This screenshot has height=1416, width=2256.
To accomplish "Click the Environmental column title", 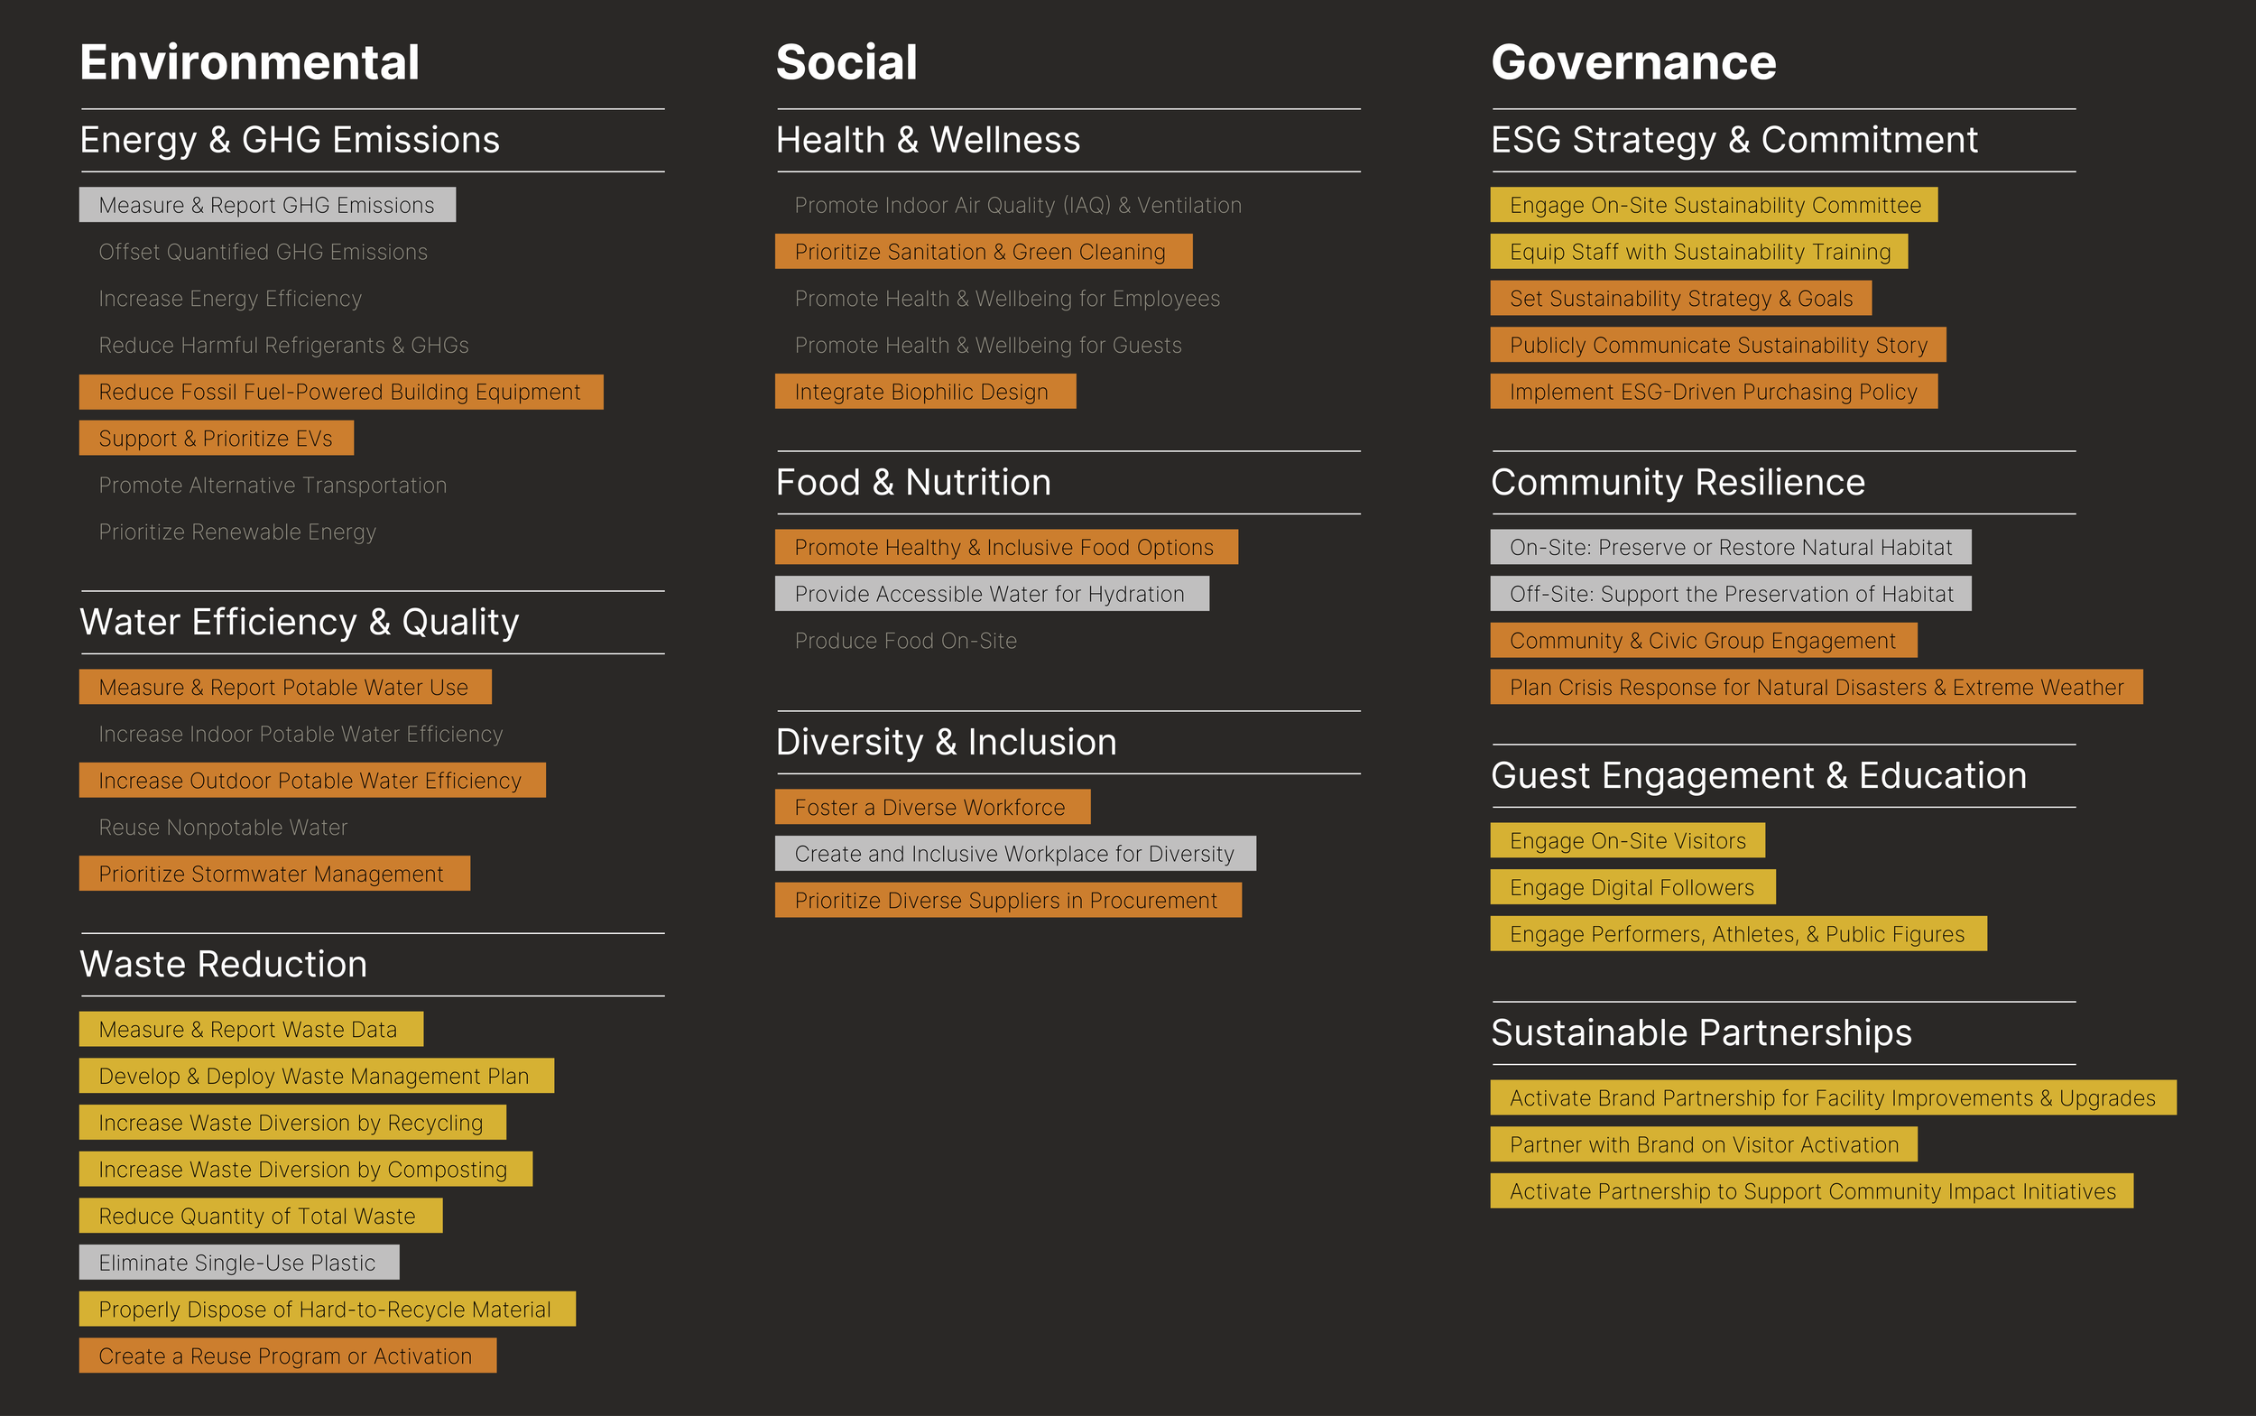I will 249,63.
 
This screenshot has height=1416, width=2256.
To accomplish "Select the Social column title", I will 846,63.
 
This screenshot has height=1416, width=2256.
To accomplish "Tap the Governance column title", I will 1632,63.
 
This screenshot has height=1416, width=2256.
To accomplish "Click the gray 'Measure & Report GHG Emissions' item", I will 267,205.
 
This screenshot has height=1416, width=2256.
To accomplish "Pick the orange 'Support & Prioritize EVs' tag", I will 217,439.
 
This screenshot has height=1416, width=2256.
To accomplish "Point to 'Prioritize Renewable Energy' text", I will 237,532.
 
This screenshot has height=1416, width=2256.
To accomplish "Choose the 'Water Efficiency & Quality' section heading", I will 299,622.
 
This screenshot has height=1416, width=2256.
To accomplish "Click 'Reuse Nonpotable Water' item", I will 223,828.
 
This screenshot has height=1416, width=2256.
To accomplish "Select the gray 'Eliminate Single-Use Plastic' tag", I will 239,1263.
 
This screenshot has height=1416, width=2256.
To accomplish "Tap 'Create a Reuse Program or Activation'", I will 287,1356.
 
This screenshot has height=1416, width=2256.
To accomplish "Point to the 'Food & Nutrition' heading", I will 913,482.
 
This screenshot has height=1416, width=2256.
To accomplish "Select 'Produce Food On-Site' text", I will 906,641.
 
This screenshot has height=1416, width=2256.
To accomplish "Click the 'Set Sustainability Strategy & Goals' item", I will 1680,299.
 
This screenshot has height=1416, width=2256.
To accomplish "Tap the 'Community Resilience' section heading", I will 1678,482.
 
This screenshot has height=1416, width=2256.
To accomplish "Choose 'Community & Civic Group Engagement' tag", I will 1703,641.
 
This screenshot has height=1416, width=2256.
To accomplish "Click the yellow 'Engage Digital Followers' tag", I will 1632,888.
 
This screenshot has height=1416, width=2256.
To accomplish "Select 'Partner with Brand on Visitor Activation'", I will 1703,1144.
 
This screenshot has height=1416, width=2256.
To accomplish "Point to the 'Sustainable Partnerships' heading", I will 1701,1033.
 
